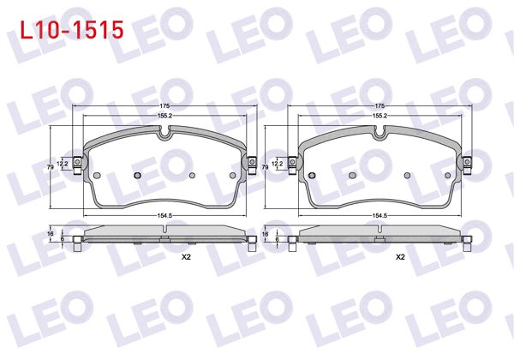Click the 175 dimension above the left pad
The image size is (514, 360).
pos(164,105)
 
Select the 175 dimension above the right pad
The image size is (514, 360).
pos(378,105)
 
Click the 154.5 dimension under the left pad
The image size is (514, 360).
pos(164,216)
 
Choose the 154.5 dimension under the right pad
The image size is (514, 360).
pos(378,216)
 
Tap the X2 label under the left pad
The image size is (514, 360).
pos(186,256)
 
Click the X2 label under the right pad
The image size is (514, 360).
pos(400,256)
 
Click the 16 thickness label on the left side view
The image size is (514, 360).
pos(50,233)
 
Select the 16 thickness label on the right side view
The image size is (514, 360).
pos(264,233)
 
